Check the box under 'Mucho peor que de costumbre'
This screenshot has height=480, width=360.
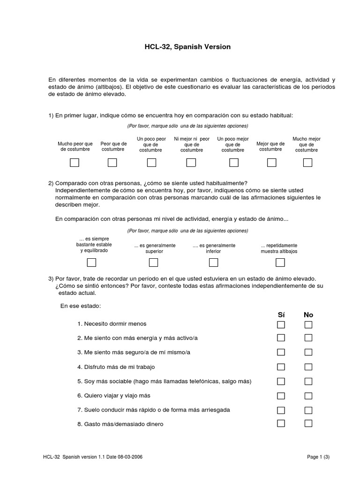(75, 163)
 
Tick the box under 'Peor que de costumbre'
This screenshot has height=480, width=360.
(112, 163)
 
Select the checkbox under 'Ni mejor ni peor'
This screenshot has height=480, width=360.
(191, 163)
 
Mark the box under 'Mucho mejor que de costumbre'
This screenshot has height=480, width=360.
(307, 163)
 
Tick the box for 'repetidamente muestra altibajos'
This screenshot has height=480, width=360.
(280, 262)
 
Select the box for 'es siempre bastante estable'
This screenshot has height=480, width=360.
(91, 262)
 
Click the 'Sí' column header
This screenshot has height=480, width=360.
(281, 315)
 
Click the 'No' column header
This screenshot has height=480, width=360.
(308, 315)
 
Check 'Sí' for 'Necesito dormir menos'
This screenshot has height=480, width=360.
(281, 324)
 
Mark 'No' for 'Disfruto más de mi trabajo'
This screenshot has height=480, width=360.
(308, 367)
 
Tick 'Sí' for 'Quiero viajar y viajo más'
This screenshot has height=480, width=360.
(281, 396)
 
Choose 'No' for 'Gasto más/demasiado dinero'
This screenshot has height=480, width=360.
(308, 424)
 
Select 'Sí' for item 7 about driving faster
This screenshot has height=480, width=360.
(281, 410)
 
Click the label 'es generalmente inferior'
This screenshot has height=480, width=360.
(214, 248)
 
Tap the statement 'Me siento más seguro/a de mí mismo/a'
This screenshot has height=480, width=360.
(137, 352)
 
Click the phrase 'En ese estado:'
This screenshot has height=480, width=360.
(81, 306)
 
